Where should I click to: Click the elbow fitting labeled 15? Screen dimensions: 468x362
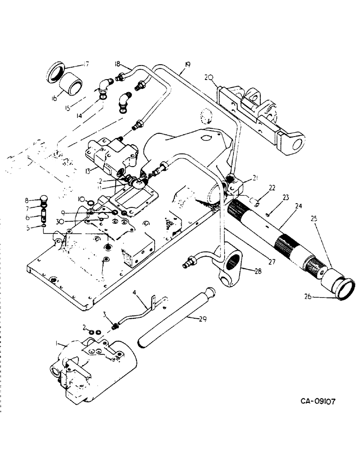pos(105,86)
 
